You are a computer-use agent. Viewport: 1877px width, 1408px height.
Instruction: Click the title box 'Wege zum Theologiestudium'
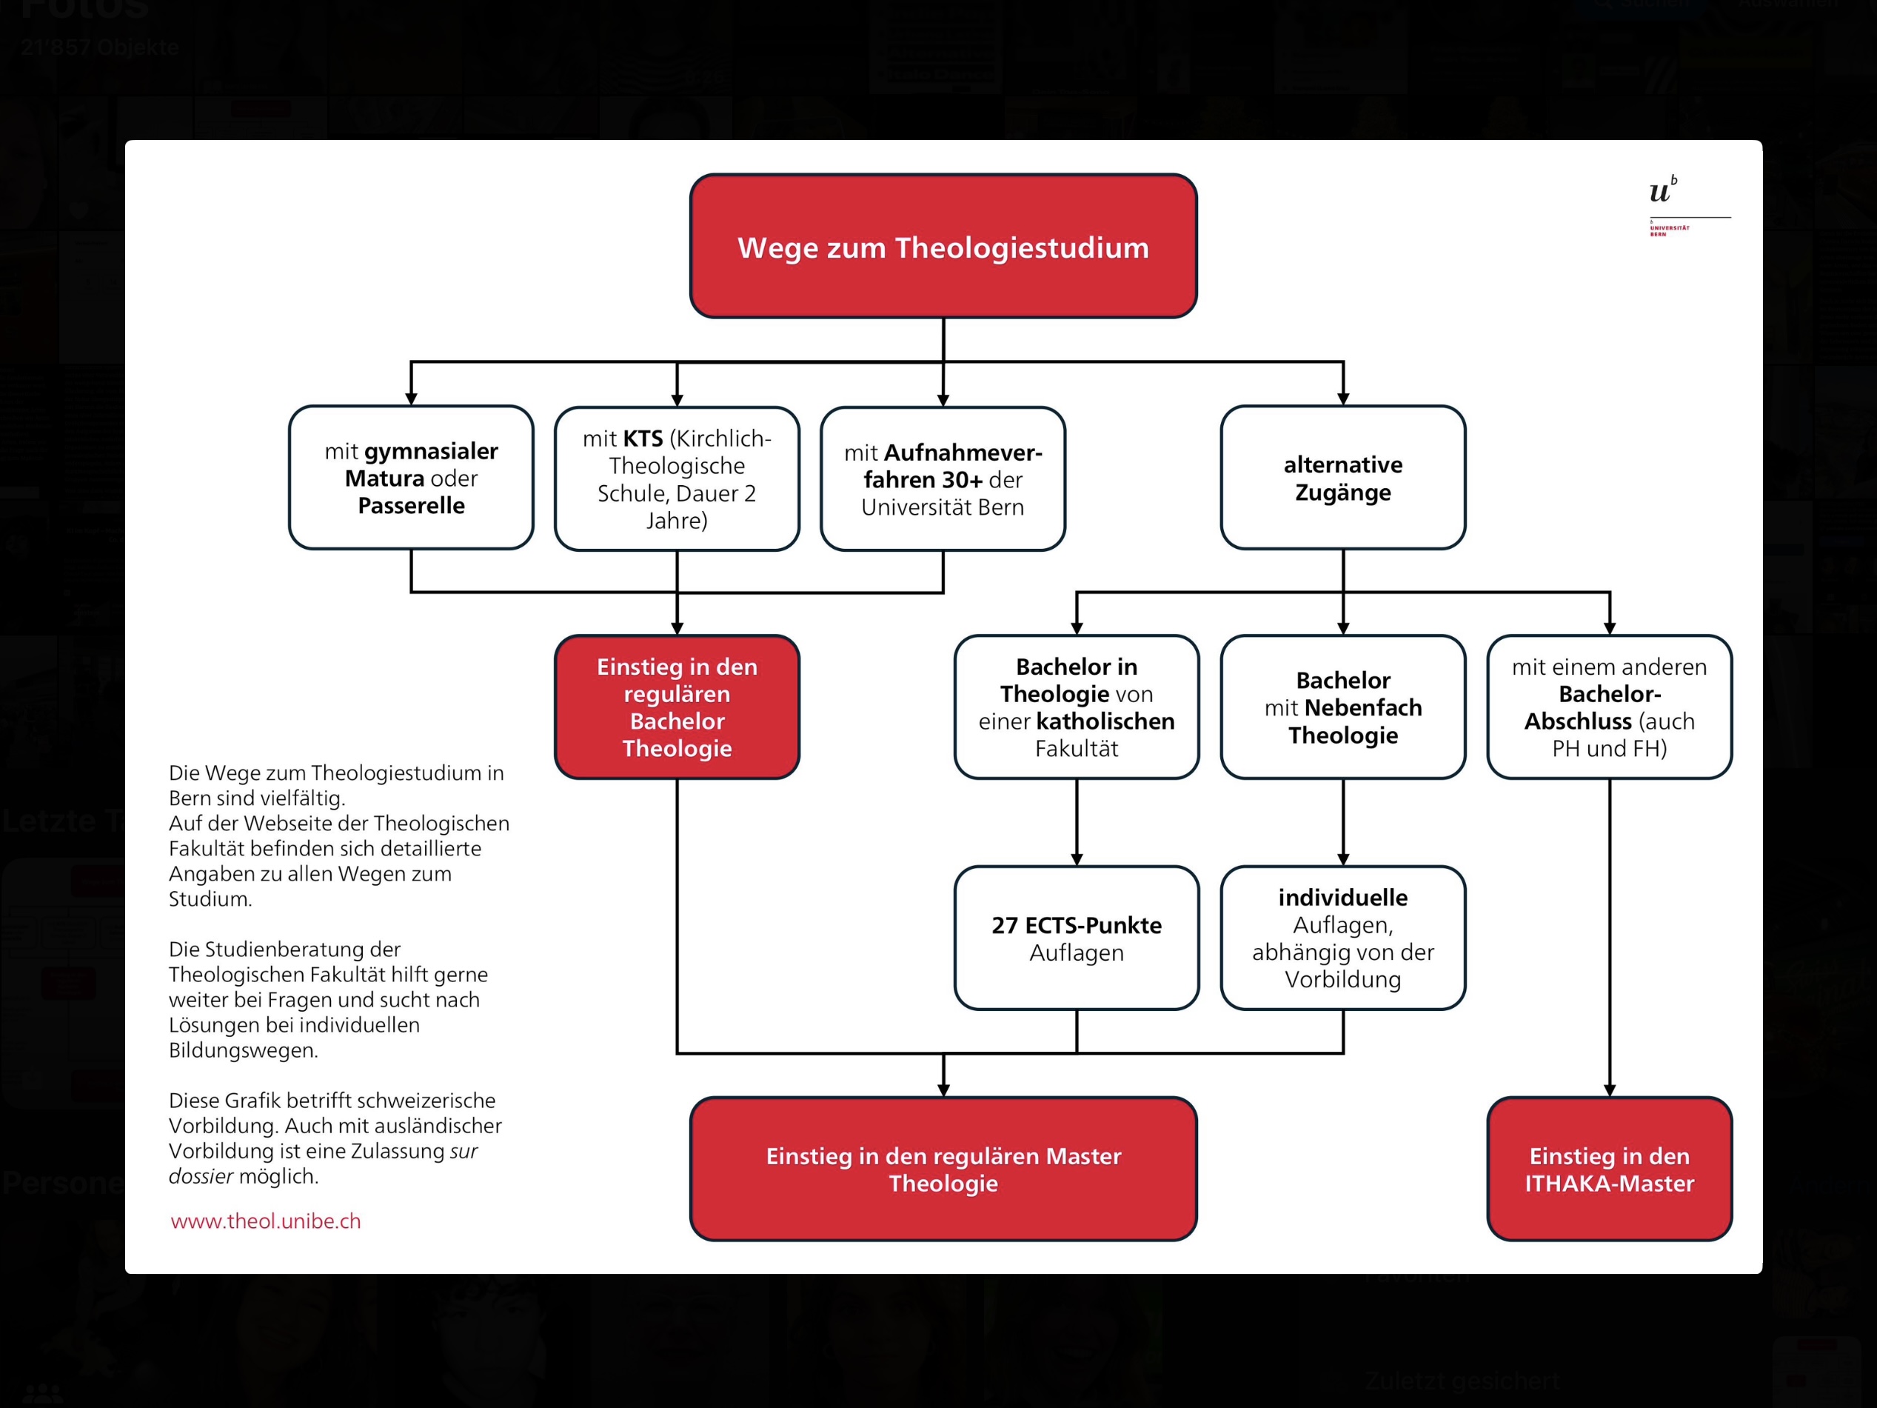coord(943,247)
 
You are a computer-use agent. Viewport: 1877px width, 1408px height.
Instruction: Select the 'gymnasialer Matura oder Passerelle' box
coord(411,478)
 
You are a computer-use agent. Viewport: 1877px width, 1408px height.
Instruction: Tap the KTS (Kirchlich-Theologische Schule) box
coord(676,478)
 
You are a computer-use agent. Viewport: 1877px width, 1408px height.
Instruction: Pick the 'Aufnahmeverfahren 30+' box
coord(942,478)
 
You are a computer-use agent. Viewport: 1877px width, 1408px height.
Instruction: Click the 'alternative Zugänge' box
coord(1342,478)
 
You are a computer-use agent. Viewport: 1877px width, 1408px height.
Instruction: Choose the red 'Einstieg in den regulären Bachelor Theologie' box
coord(676,707)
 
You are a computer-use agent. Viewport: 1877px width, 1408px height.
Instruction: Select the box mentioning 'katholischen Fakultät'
coord(1076,707)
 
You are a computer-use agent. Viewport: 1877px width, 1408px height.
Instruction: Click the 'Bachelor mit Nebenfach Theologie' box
coord(1342,707)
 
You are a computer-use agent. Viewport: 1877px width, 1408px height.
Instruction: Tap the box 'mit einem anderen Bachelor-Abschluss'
coord(1609,707)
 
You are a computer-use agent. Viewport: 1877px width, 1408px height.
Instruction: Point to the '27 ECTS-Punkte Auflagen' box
coord(1076,938)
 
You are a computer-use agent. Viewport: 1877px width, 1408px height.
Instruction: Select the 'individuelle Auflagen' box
coord(1342,938)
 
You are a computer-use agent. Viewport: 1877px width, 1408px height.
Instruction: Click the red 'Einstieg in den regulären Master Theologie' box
coord(943,1169)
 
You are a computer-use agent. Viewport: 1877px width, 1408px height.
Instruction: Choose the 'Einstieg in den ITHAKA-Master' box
coord(1609,1169)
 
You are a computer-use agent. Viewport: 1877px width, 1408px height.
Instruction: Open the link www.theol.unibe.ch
coord(266,1221)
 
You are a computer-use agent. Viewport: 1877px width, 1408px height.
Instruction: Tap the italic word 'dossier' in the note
coord(200,1176)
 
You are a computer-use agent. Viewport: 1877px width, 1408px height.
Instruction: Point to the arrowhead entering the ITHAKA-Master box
coord(1609,1090)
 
